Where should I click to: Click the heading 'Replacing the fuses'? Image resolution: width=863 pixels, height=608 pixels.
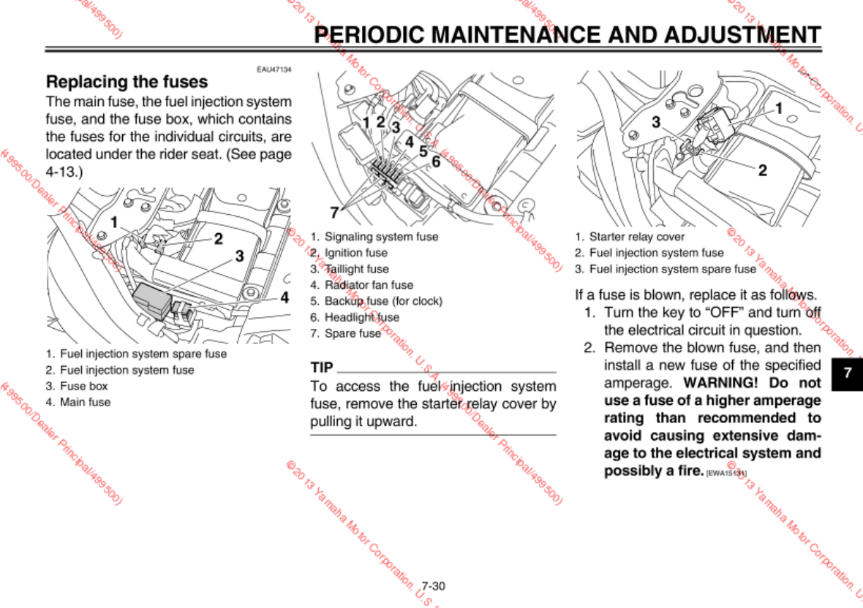click(x=127, y=82)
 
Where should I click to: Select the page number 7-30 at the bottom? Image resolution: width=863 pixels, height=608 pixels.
click(x=433, y=586)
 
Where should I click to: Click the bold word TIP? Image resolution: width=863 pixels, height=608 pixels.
click(x=322, y=367)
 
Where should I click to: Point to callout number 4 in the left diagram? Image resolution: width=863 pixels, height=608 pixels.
click(x=285, y=297)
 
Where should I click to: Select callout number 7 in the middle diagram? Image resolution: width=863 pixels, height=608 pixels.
click(x=334, y=213)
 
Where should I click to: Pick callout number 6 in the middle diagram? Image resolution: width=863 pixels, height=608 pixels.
click(x=436, y=161)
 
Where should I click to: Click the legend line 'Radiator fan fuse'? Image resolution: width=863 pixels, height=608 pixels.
click(x=369, y=285)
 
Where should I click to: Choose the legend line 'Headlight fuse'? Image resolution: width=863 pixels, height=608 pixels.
click(x=362, y=317)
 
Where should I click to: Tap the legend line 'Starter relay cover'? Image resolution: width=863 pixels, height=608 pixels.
click(x=636, y=237)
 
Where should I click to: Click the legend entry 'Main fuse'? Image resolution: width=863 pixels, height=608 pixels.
click(x=85, y=402)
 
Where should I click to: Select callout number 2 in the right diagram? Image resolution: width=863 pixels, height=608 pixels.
click(x=762, y=170)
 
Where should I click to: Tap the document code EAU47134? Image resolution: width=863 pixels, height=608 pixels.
click(x=274, y=69)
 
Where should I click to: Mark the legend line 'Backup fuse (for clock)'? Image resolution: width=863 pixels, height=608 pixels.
click(x=382, y=301)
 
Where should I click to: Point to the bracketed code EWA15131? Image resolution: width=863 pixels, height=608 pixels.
click(x=726, y=474)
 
